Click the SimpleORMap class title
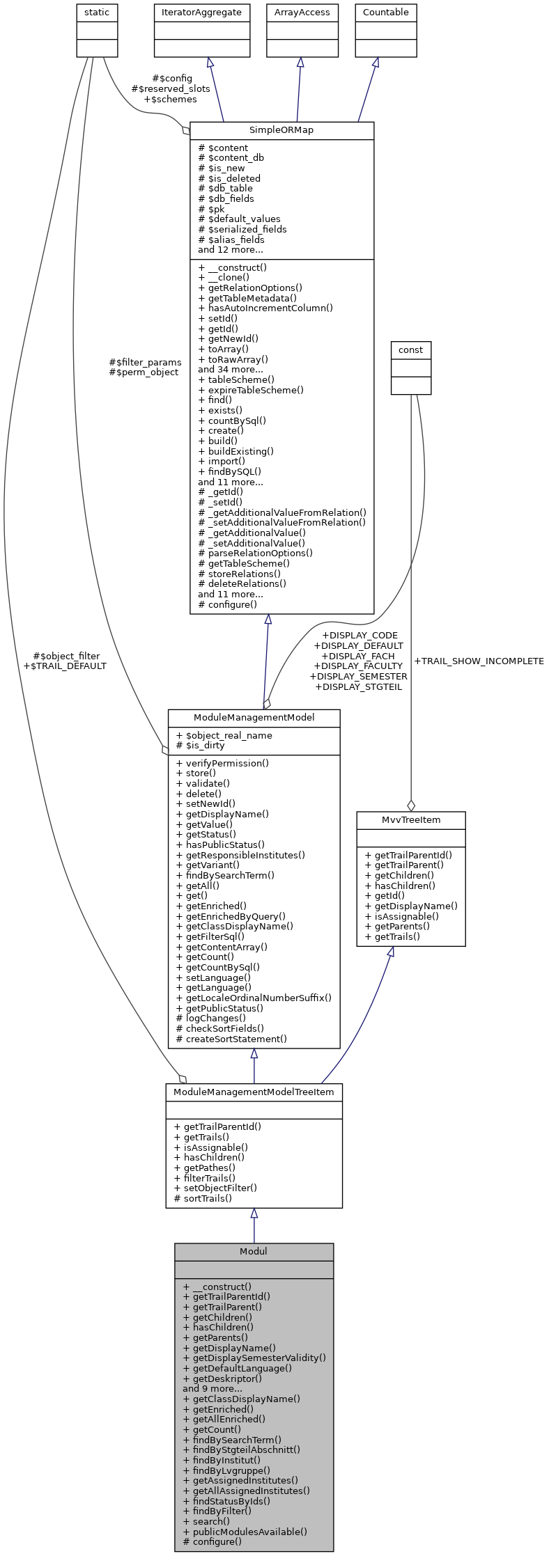pos(281,130)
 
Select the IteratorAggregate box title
pos(201,13)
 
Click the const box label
pos(410,349)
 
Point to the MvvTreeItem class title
pos(410,819)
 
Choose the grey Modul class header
pos(254,1251)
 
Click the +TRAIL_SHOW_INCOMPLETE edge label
pos(479,661)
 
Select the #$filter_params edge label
pos(145,362)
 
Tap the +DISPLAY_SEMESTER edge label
pos(358,676)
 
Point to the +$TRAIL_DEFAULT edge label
pos(65,666)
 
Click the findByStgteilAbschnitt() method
pos(241,1449)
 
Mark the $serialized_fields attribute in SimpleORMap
pos(242,229)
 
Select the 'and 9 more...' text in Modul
pos(212,1388)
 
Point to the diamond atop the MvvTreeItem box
pos(411,805)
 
